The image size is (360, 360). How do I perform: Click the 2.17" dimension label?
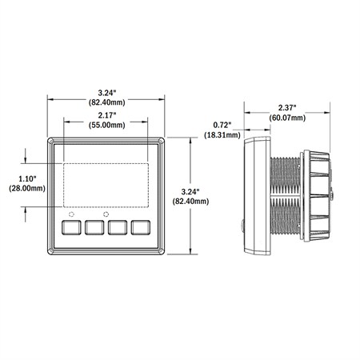107,115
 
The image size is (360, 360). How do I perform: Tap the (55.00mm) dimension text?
107,125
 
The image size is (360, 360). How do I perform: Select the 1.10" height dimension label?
27,178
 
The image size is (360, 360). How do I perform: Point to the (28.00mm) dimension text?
27,188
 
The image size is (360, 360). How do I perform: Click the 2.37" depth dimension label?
287,108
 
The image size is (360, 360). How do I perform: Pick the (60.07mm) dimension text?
287,118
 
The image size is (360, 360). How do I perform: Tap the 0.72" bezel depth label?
222,125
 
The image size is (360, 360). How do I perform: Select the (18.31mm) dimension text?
222,134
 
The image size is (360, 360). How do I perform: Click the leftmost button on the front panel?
71,227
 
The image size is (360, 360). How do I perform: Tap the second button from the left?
94,227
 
